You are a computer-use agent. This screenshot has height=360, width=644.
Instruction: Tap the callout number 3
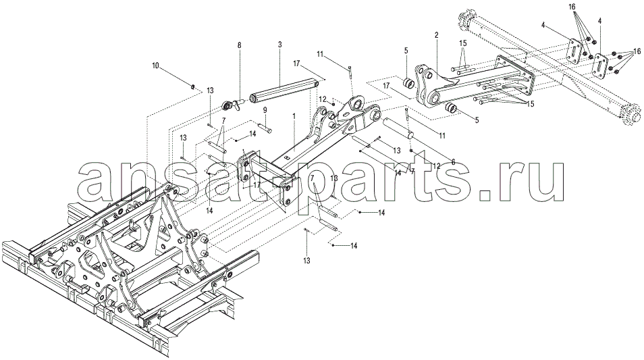coord(279,43)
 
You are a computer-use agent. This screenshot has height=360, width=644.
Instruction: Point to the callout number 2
coord(436,35)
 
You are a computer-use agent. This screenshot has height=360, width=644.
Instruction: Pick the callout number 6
coord(452,162)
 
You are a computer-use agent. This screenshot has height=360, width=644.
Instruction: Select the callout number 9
coord(265,109)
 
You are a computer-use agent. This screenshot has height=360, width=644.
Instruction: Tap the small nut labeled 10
coord(193,86)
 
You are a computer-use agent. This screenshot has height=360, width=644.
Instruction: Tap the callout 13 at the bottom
coord(306,261)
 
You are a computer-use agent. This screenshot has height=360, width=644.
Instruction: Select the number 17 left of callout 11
coord(297,63)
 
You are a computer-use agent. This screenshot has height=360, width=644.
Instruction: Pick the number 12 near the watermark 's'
coord(436,166)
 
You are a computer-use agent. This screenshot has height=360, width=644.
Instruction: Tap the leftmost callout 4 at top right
coord(543,26)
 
